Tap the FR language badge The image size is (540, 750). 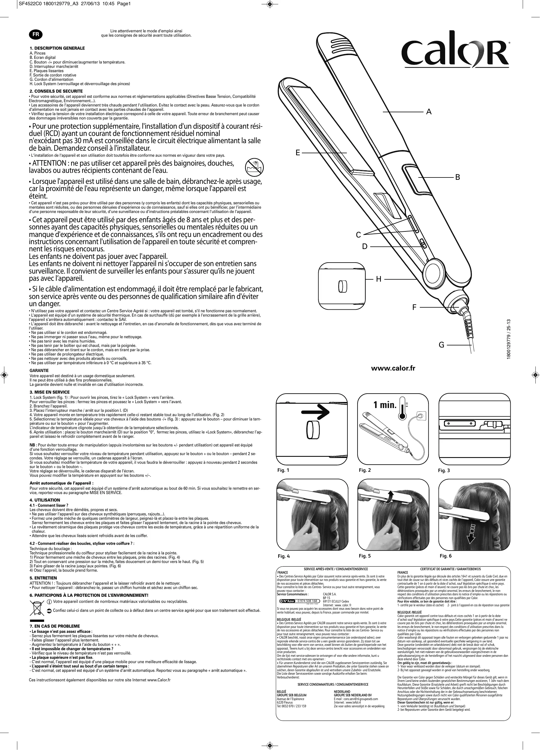pos(36,34)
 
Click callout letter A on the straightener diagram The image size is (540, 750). pos(429,112)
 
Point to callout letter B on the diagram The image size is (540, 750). pos(457,177)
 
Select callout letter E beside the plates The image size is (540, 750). pos(298,153)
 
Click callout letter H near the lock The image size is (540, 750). pos(379,279)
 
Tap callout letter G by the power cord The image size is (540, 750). pos(441,345)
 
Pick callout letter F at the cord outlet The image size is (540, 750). pos(414,308)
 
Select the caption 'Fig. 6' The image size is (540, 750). pos(445,556)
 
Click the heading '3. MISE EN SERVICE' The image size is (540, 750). pos(50,392)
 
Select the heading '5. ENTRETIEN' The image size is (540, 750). pos(43,578)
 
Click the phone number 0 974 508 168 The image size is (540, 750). pos(307,601)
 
